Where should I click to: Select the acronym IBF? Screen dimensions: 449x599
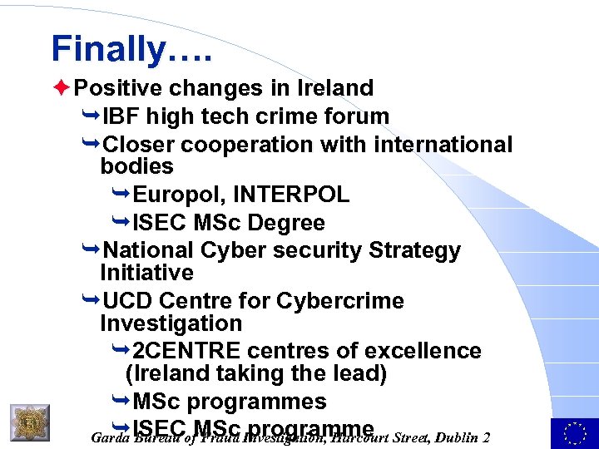click(x=124, y=116)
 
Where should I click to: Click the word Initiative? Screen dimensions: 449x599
click(x=146, y=273)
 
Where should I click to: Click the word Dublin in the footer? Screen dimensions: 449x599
click(x=448, y=438)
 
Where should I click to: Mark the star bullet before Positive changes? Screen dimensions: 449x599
click(x=59, y=87)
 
